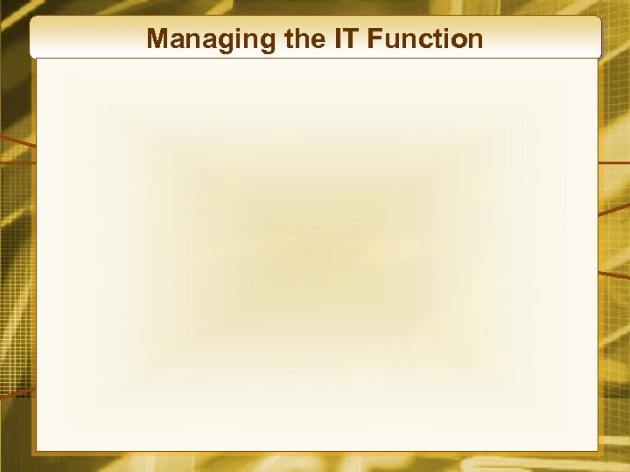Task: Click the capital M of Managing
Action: pyautogui.click(x=158, y=39)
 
